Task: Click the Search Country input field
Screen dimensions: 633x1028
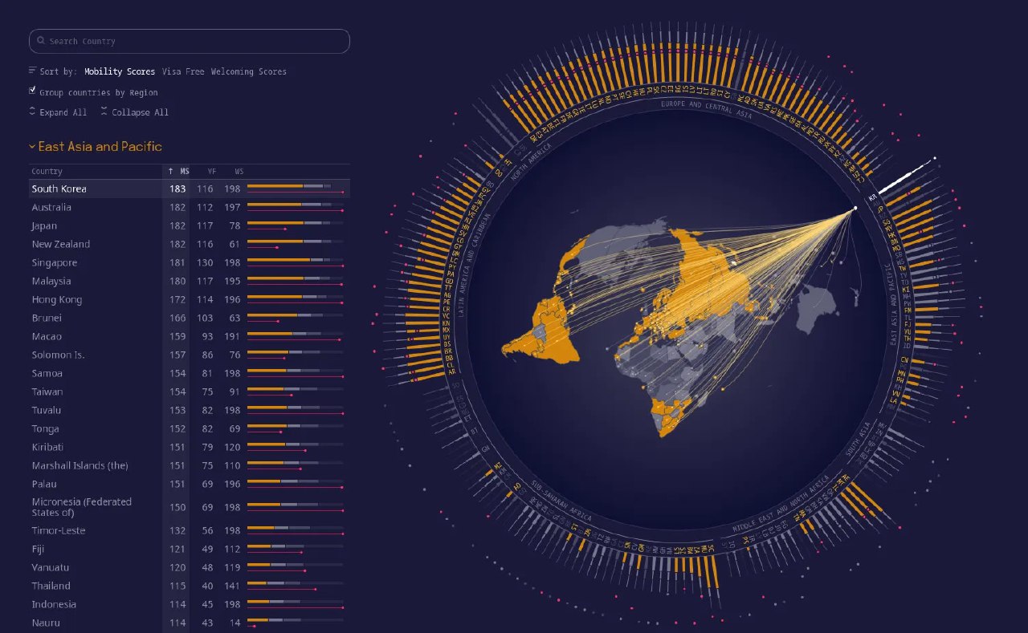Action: tap(190, 41)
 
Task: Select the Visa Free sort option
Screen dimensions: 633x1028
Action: tap(183, 71)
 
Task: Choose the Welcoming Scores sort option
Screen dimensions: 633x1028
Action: tap(248, 71)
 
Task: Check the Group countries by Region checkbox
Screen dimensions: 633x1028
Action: tap(32, 91)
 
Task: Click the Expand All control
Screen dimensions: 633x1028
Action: tap(58, 112)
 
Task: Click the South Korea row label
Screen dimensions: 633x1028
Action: tap(59, 189)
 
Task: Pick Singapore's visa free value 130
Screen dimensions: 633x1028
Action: tap(205, 262)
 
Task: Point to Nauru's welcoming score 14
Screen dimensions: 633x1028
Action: tap(235, 623)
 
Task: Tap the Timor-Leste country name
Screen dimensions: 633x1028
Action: tap(59, 530)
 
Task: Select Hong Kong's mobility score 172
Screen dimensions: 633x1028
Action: tap(177, 299)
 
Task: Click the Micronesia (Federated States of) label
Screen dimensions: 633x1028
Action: tap(81, 507)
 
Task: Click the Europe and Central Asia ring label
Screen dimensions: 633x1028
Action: tap(706, 108)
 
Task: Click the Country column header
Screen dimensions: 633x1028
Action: tap(47, 171)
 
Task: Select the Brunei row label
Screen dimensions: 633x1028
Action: tap(47, 318)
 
